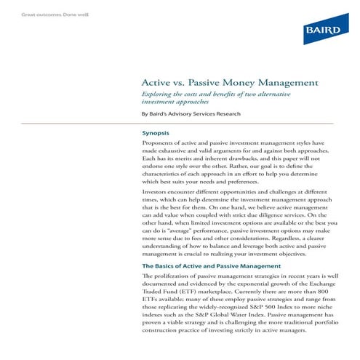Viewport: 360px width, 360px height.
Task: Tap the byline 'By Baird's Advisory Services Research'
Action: click(x=191, y=114)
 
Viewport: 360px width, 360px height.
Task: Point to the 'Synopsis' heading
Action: click(x=156, y=134)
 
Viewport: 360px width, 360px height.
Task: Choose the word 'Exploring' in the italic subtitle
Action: click(x=158, y=96)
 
